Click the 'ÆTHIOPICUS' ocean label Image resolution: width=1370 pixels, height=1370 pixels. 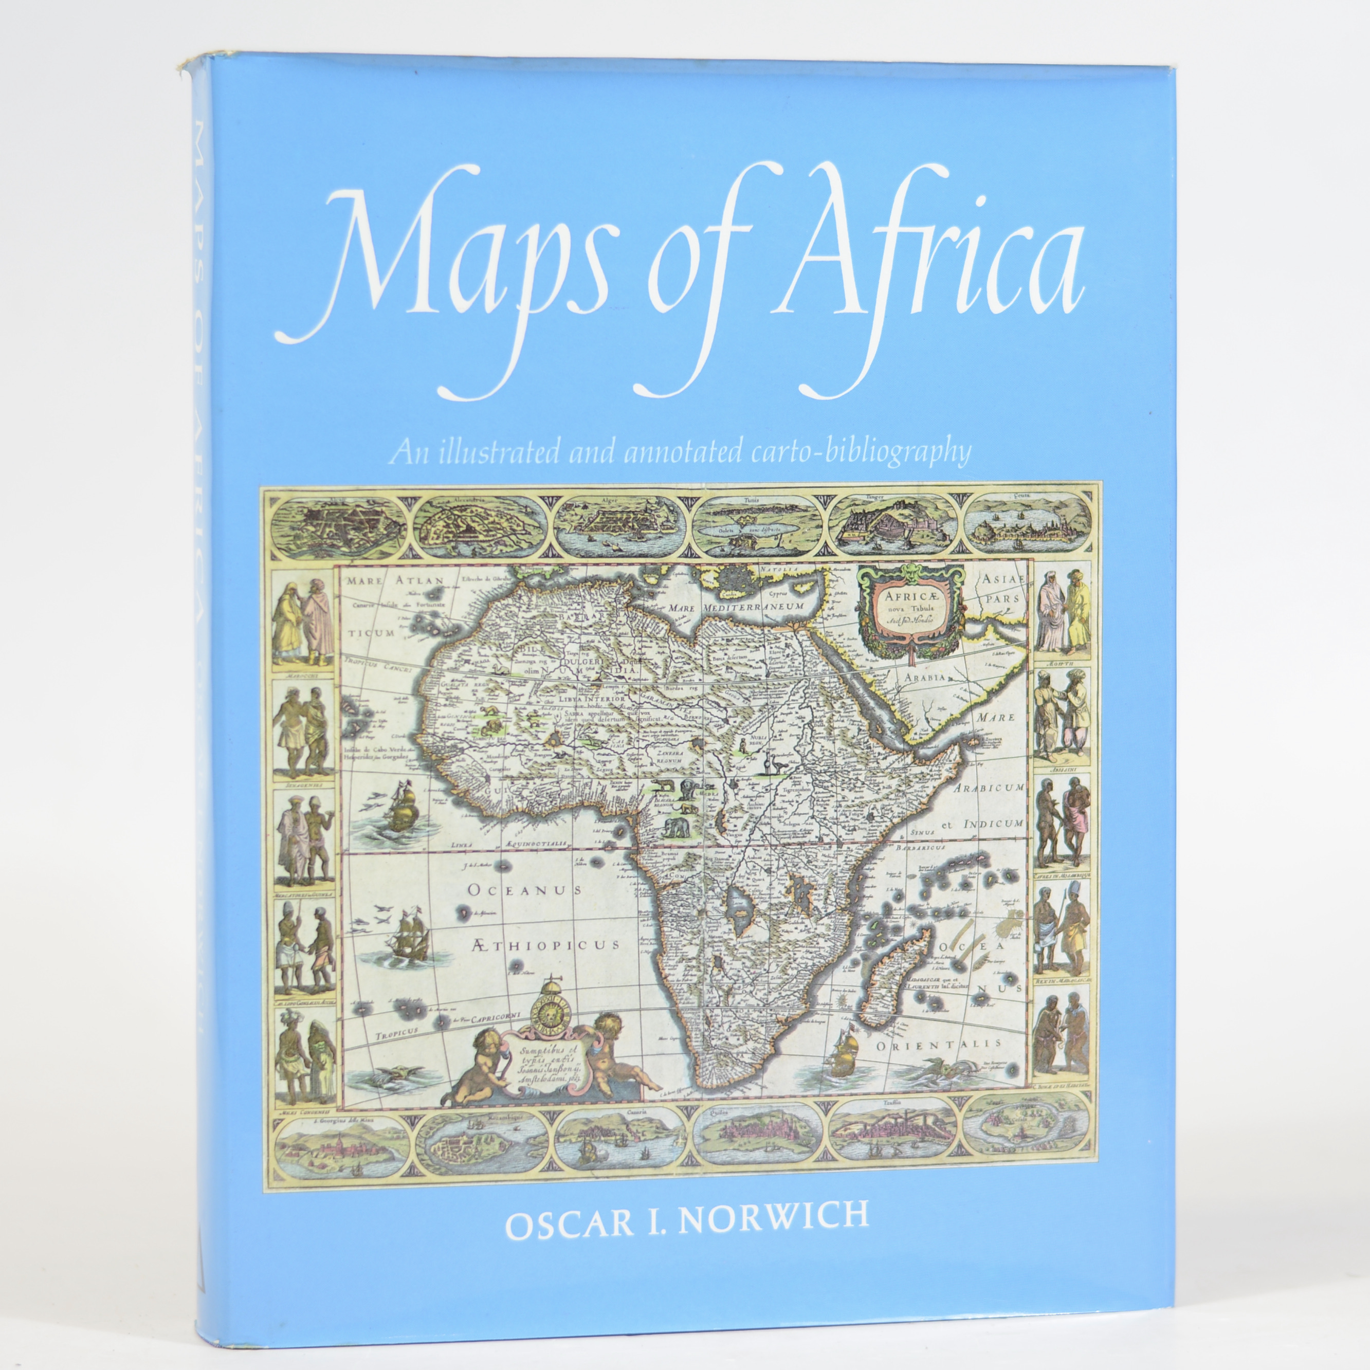pyautogui.click(x=544, y=944)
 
